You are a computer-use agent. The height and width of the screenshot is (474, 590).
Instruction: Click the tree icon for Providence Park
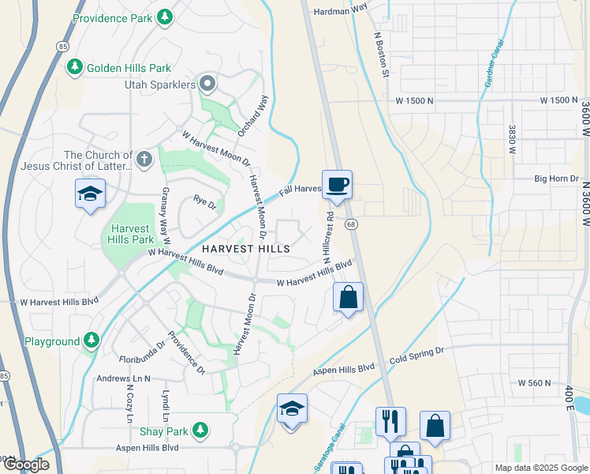click(x=164, y=16)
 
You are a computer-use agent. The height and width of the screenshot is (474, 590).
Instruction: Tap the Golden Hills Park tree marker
click(x=75, y=68)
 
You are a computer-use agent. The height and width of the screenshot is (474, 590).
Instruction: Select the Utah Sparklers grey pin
click(x=207, y=83)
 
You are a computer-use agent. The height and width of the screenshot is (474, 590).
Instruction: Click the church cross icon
click(x=143, y=160)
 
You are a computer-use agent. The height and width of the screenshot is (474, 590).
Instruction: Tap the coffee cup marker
click(x=337, y=185)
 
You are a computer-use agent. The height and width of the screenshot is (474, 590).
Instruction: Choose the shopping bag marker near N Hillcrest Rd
click(x=348, y=298)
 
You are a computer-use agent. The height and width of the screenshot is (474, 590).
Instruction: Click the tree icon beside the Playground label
click(x=92, y=341)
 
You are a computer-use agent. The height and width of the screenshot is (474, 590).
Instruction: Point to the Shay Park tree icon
click(x=201, y=431)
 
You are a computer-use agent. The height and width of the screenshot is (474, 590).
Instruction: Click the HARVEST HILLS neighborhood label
click(x=245, y=248)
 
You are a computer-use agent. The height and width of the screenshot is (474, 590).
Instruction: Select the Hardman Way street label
click(x=341, y=9)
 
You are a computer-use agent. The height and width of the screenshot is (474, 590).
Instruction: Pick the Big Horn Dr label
click(x=556, y=179)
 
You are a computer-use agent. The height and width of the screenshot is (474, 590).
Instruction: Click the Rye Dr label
click(x=204, y=203)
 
